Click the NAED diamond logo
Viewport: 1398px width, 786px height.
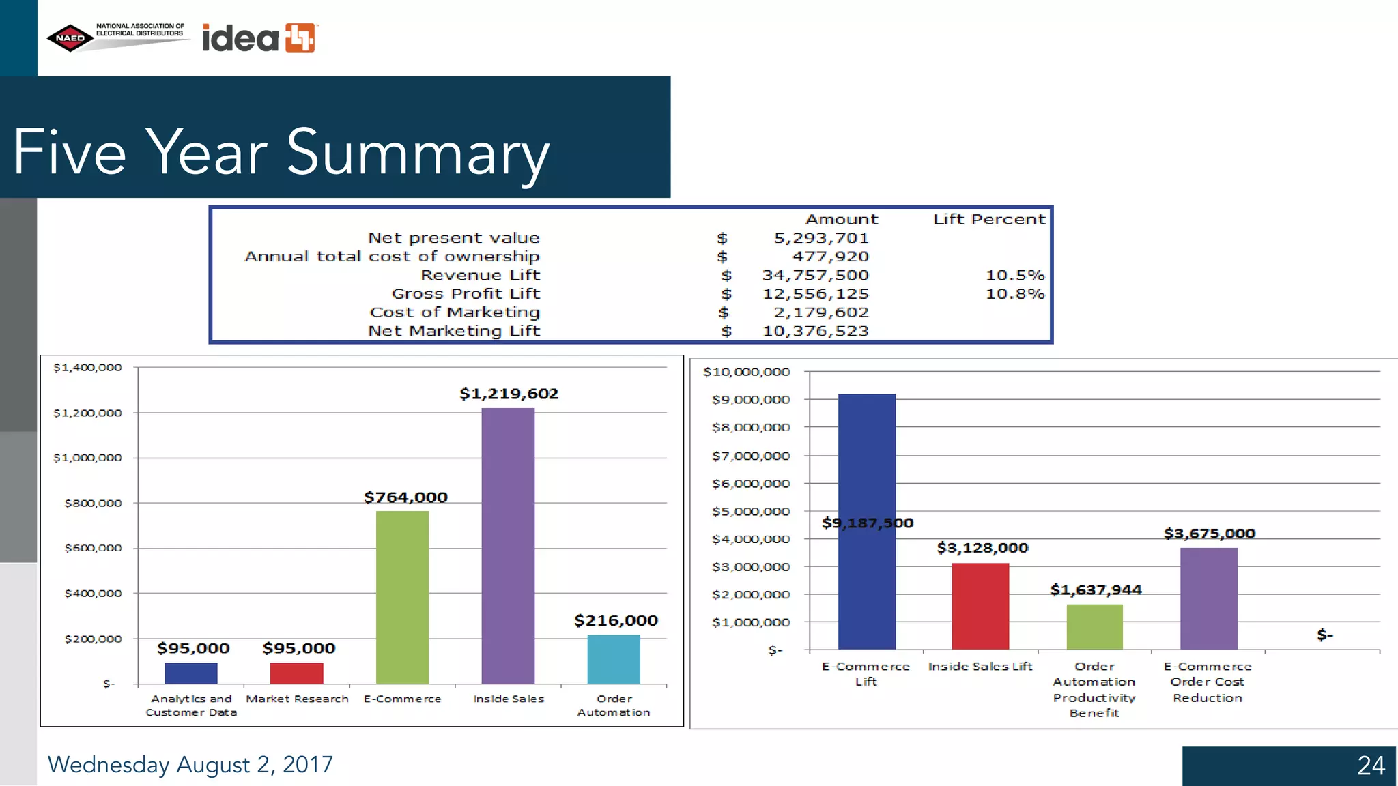70,38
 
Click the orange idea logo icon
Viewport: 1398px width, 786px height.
300,38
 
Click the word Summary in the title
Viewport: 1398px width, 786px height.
418,152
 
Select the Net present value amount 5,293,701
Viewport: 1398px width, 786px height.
821,238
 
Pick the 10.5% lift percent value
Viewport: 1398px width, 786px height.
1014,275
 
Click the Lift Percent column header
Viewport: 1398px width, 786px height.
988,219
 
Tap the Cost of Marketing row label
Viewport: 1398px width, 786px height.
455,312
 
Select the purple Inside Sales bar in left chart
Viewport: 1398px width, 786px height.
508,546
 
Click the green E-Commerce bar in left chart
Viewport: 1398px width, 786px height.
402,597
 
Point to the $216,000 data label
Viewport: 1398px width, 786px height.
616,620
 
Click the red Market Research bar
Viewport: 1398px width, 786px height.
296,673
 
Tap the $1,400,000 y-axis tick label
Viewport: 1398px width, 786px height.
87,368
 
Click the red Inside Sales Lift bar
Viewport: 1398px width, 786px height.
980,606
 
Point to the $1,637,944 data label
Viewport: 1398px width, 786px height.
1096,589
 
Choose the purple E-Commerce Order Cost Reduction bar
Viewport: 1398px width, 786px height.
1208,598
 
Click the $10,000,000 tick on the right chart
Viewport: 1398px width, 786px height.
746,372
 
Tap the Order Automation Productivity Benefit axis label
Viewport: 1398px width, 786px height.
1094,689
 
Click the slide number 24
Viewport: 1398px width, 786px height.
1371,766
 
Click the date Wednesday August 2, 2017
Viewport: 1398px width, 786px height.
190,764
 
